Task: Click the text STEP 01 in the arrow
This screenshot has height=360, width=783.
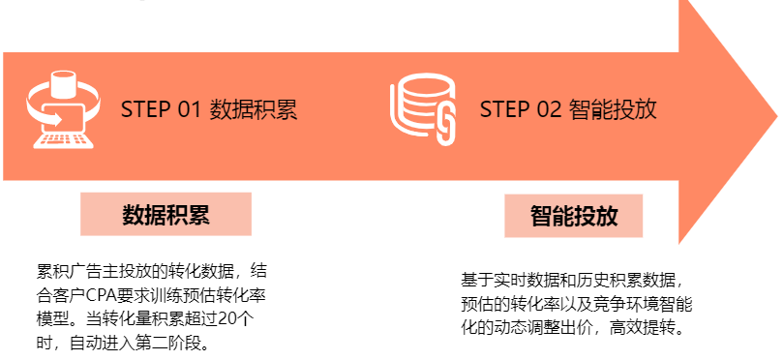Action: point(160,109)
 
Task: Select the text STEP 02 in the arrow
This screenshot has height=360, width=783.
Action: point(520,109)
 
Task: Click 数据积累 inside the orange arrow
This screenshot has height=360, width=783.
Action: point(254,109)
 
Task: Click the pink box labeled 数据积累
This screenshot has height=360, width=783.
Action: point(166,214)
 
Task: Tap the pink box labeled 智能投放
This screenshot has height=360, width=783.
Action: point(574,215)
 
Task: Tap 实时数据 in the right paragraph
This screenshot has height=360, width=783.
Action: point(530,282)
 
